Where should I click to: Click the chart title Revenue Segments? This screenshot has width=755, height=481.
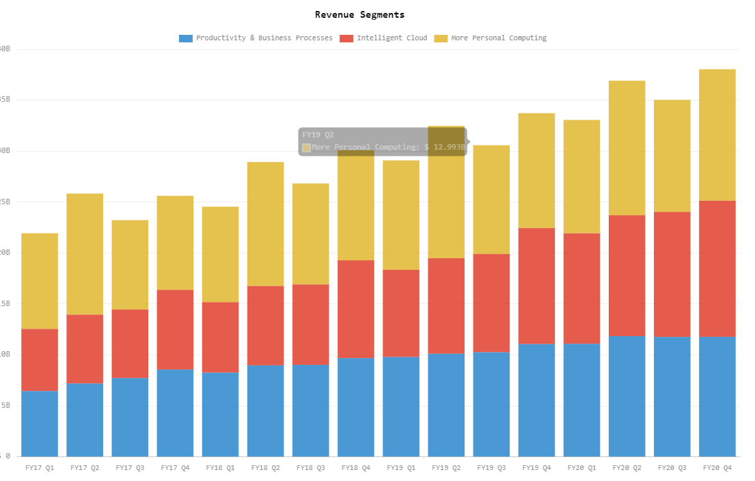coord(359,14)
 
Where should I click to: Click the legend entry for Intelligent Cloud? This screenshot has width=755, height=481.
coord(392,38)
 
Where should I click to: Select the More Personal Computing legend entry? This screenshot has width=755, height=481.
coord(498,38)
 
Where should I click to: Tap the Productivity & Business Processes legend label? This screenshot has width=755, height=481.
coord(264,38)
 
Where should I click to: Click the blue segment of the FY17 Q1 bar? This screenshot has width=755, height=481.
coord(40,424)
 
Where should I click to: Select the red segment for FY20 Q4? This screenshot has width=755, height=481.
coord(717,269)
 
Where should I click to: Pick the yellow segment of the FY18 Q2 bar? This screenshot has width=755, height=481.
coord(265,223)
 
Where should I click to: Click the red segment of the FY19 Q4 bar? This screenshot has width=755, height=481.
coord(536,286)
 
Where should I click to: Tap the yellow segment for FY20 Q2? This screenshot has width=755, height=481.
coord(627,148)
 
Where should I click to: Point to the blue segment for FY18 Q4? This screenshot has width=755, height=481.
coord(355,407)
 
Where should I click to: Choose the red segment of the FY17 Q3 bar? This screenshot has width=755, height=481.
coord(130,344)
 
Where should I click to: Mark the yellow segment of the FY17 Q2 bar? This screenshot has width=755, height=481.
coord(85,253)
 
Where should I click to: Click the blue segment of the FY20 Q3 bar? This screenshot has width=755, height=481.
coord(672,396)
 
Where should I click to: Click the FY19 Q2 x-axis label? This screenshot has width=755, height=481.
coord(446,468)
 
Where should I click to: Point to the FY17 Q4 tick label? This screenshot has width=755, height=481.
coord(175,468)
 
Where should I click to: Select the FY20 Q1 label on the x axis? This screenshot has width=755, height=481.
coord(581,468)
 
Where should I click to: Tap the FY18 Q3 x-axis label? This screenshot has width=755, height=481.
coord(310,468)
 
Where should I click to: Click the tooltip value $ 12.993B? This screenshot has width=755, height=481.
coord(443,147)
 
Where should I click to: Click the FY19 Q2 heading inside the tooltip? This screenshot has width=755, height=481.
coord(318,135)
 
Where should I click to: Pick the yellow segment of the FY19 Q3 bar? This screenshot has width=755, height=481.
coord(491,200)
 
